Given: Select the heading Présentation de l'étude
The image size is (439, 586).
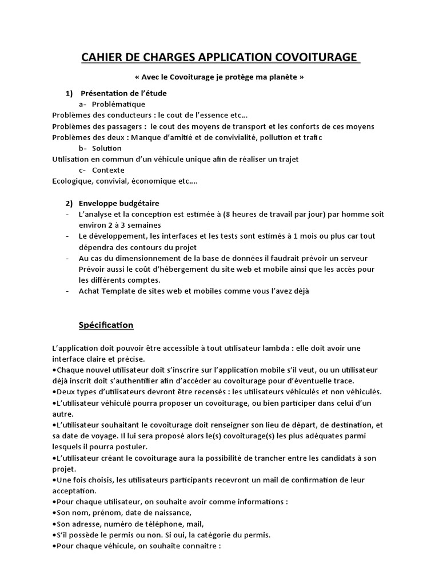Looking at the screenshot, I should tap(123, 93).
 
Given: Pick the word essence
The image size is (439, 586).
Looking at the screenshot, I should tap(210, 115).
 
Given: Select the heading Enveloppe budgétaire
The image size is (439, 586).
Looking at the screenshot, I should tap(120, 203).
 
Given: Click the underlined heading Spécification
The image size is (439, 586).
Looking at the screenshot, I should tap(106, 325).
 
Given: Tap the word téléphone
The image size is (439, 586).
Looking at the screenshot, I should tap(151, 524).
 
